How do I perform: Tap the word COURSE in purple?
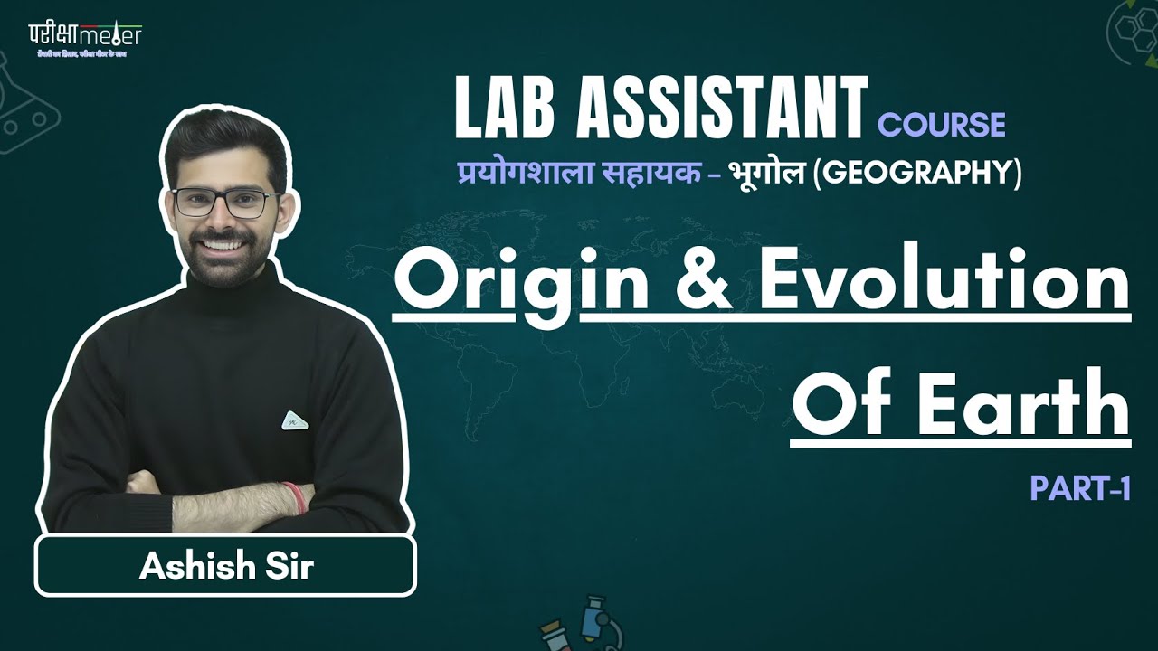[942, 124]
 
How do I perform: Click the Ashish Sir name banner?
[225, 567]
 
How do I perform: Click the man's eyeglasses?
[220, 201]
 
